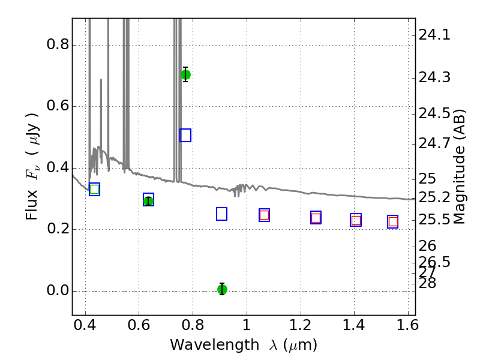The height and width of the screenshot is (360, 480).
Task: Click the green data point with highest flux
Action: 185,74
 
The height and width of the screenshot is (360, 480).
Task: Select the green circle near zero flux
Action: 222,289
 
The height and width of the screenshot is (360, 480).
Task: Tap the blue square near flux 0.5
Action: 185,136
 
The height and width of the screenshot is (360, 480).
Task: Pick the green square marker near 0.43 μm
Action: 95,189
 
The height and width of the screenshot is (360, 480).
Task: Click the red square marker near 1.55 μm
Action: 393,221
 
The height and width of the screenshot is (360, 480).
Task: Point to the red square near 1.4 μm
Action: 356,220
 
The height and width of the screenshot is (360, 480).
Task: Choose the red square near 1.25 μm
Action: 316,218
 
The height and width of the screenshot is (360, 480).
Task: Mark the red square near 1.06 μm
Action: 264,215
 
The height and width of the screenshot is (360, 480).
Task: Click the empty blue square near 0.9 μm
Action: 221,214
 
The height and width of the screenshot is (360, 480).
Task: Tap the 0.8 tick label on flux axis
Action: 58,44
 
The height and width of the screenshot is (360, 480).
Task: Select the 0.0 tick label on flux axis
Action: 58,290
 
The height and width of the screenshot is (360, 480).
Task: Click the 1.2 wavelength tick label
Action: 301,325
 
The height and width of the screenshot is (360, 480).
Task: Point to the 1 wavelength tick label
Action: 247,325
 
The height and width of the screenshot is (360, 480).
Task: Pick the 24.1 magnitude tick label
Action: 434,35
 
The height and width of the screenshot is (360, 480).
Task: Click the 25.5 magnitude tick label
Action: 434,220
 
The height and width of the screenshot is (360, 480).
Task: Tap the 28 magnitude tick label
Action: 427,283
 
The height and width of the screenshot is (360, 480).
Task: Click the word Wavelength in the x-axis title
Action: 215,345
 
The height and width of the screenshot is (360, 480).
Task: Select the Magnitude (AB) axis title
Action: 459,167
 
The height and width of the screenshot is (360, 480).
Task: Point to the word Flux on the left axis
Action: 32,205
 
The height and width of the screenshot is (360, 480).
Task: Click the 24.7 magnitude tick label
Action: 434,143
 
